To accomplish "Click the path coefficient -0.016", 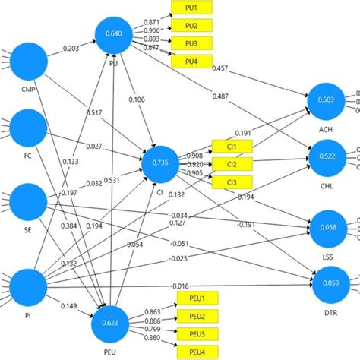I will click(x=180, y=285).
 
